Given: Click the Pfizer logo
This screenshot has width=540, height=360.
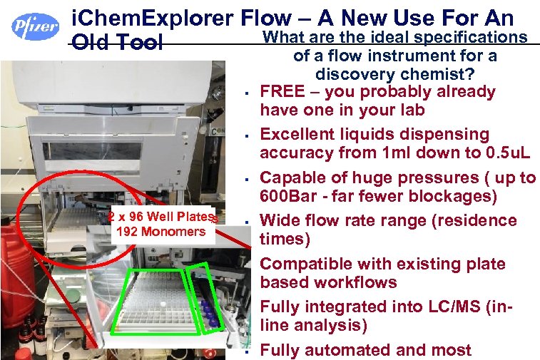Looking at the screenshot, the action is tap(35, 26).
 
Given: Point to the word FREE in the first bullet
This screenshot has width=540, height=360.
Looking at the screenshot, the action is tap(282, 91).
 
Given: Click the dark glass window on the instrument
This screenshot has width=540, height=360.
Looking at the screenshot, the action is tap(92, 150).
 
